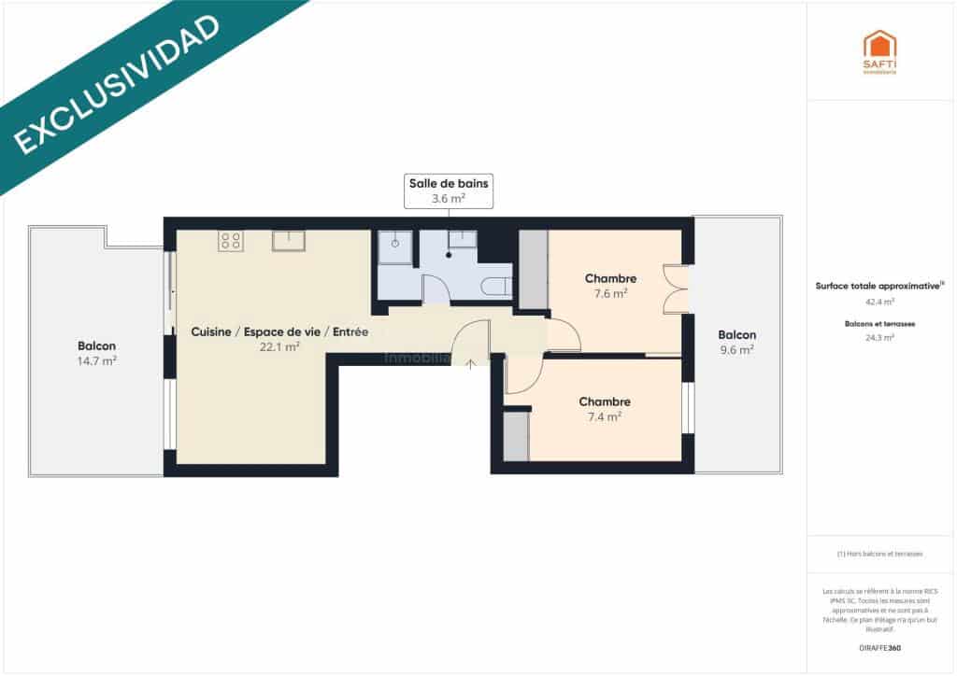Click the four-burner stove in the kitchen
(230, 241)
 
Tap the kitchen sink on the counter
(288, 241)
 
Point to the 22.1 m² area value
(279, 346)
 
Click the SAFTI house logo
(879, 49)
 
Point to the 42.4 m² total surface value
(879, 302)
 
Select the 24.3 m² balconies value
(879, 338)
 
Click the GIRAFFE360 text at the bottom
(879, 647)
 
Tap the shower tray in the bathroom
(395, 246)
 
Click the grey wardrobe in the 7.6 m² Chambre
(533, 268)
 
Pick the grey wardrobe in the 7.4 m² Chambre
(516, 436)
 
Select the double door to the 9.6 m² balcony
(675, 289)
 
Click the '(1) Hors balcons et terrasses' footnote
(879, 554)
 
